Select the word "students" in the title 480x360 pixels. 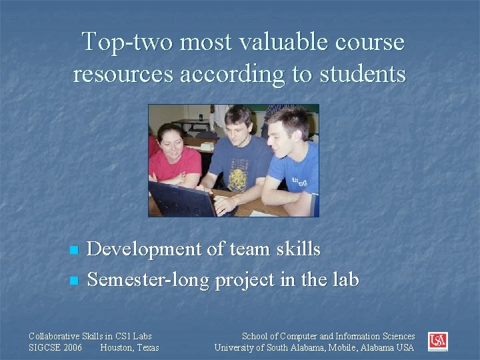click(x=363, y=73)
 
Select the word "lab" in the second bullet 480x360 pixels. click(x=344, y=279)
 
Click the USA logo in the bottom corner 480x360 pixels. click(x=438, y=341)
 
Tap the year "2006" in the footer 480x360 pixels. click(x=72, y=347)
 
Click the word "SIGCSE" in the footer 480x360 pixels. click(x=45, y=347)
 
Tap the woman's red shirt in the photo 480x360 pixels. click(x=176, y=163)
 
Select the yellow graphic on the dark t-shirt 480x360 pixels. click(x=237, y=177)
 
